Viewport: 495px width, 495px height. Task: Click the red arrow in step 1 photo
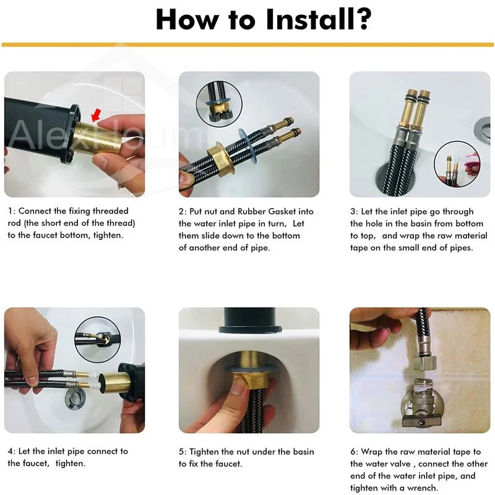click(97, 115)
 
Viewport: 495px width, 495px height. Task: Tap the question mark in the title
click(361, 19)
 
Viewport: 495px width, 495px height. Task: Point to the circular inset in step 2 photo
click(219, 104)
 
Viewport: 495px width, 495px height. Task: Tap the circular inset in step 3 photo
click(457, 164)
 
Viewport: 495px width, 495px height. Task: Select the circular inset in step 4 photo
click(98, 339)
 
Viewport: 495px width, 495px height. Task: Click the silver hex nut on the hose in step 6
click(424, 362)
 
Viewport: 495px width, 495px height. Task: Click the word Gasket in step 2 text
click(280, 212)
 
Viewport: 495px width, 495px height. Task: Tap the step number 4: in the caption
click(12, 452)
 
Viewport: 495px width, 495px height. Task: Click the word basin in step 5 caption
click(303, 452)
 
